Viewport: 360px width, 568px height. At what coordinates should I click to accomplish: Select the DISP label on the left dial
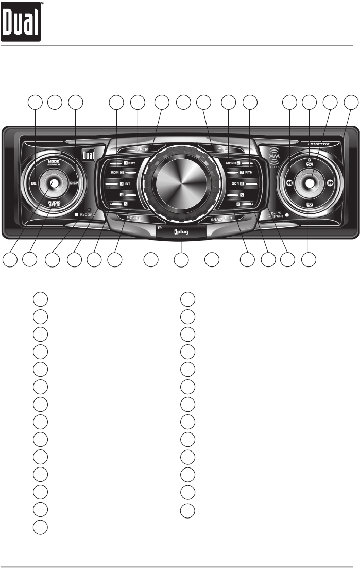pos(74,182)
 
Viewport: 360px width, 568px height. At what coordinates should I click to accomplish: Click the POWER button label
pos(133,218)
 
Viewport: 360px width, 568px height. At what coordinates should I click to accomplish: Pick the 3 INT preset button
pos(122,184)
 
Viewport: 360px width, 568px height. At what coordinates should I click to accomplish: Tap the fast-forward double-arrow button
pos(331,182)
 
